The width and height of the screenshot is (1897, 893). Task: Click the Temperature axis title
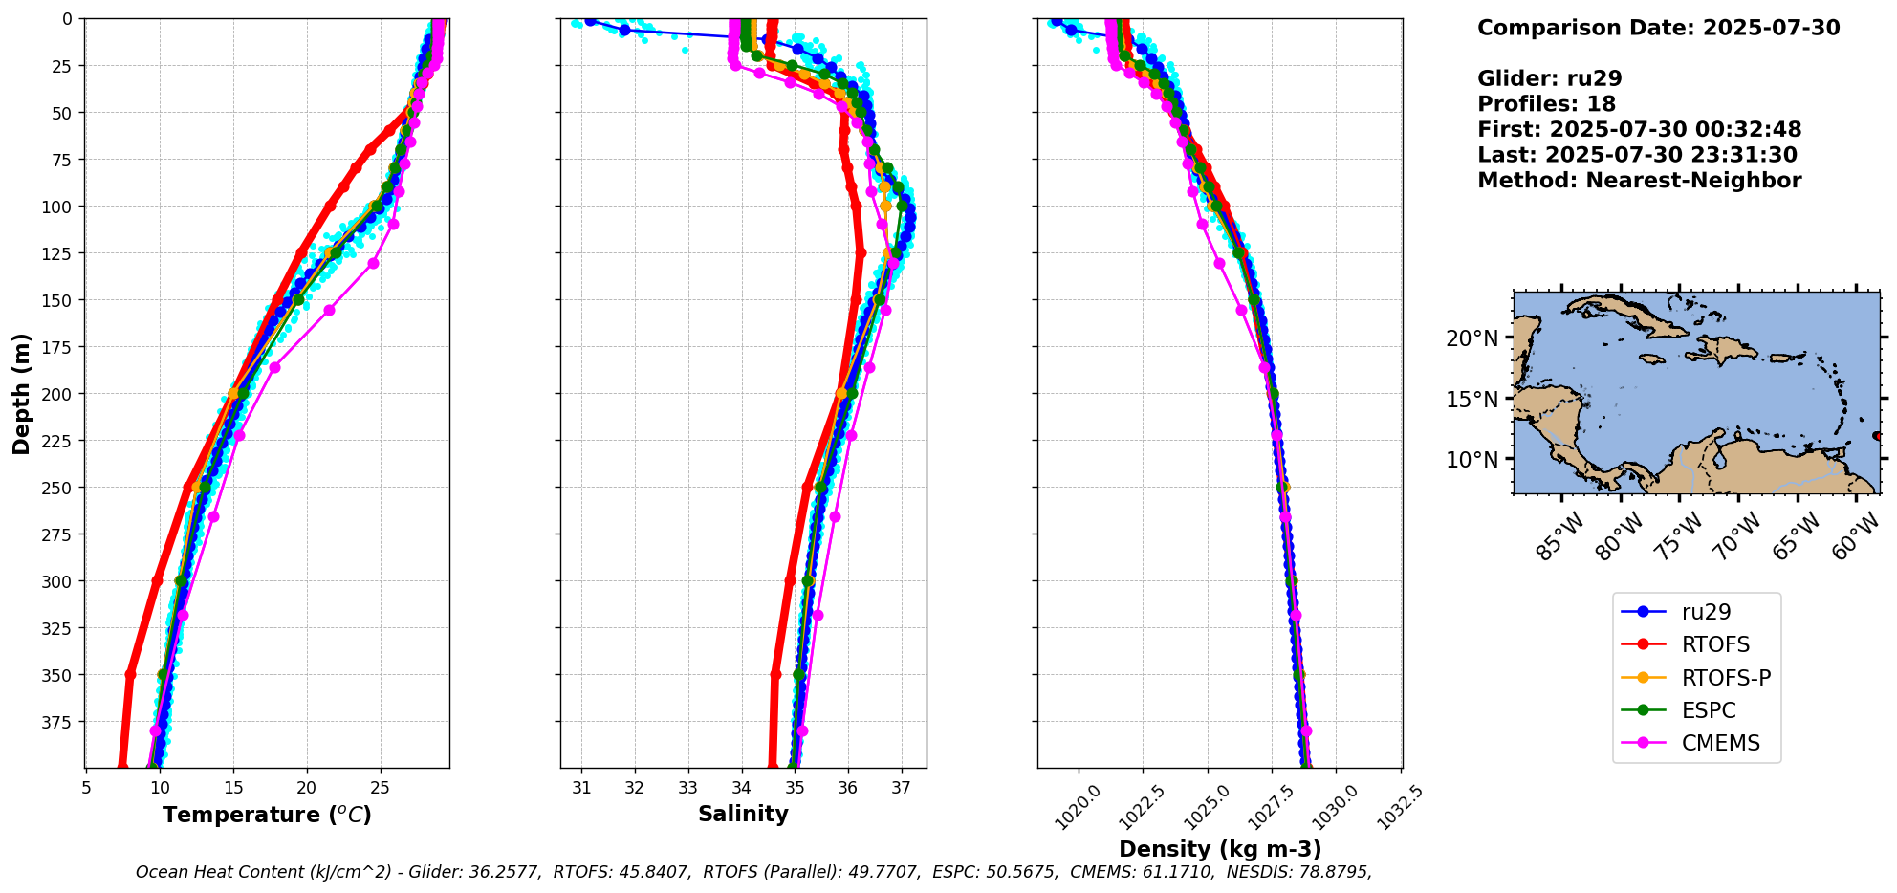click(267, 815)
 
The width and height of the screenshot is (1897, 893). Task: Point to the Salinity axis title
click(743, 814)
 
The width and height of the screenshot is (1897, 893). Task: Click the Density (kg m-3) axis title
click(1220, 849)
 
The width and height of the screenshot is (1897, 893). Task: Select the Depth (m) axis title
click(22, 393)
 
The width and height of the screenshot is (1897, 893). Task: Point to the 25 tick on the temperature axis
click(380, 788)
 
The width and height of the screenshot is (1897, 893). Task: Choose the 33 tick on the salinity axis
click(687, 788)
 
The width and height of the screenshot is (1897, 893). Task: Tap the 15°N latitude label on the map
click(1472, 399)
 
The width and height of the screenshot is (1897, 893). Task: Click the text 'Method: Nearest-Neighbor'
click(1639, 181)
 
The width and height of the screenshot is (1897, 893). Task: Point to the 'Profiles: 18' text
click(1546, 104)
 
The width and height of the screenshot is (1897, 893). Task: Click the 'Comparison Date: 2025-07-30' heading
click(1658, 28)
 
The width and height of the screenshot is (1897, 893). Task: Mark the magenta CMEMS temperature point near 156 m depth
click(329, 310)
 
